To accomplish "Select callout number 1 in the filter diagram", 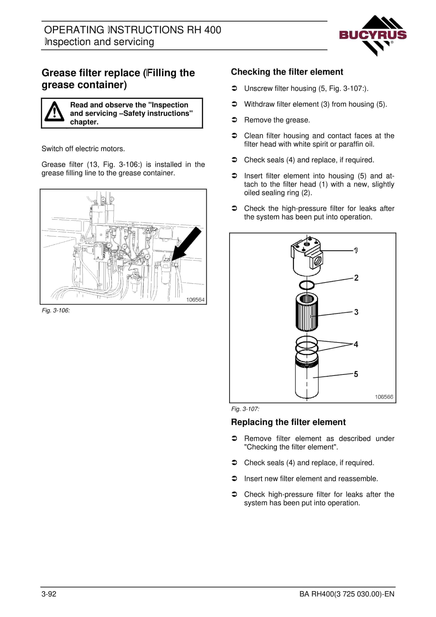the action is pyautogui.click(x=356, y=250).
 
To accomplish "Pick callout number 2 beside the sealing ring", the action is pyautogui.click(x=356, y=278).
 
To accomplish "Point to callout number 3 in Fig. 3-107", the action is pyautogui.click(x=356, y=312).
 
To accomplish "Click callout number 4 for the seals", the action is pyautogui.click(x=356, y=344).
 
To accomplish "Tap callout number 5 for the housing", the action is pyautogui.click(x=356, y=374).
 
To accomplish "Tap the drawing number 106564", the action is pyautogui.click(x=195, y=300).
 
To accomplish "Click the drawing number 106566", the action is pyautogui.click(x=384, y=397).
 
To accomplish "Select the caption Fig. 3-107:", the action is pyautogui.click(x=245, y=409).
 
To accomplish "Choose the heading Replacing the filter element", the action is pyautogui.click(x=288, y=422).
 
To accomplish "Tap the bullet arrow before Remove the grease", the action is pyautogui.click(x=234, y=120).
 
